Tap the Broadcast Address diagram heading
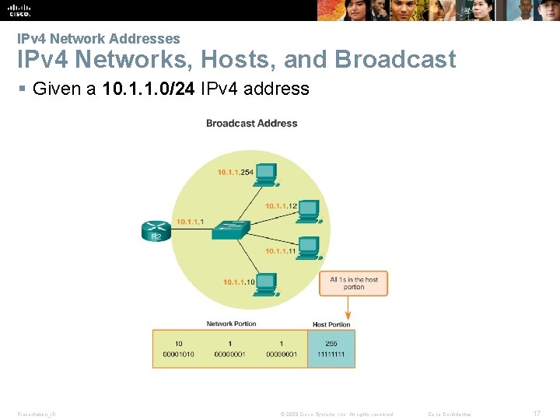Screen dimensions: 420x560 (x=251, y=123)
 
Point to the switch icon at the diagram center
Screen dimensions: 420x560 (x=232, y=228)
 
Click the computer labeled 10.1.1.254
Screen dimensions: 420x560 (x=267, y=174)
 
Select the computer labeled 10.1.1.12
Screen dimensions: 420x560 (x=309, y=210)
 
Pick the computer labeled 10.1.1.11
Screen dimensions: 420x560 (x=309, y=247)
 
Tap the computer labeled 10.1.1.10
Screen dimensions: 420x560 (x=267, y=284)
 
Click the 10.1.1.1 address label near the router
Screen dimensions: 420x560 (x=191, y=222)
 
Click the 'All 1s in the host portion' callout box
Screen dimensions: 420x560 (x=353, y=283)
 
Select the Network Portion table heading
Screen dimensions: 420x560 (x=231, y=324)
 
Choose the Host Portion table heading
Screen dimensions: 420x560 (x=331, y=324)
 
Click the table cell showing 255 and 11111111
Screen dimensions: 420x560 (x=331, y=348)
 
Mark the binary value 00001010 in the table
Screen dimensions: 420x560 (x=178, y=355)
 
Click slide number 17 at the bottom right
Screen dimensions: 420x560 (x=537, y=414)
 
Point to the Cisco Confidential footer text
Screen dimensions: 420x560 (x=450, y=414)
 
